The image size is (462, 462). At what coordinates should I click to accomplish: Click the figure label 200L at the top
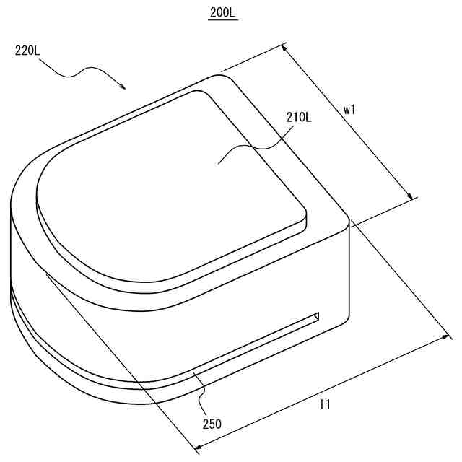pos(223,13)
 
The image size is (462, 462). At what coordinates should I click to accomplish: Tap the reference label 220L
pos(27,51)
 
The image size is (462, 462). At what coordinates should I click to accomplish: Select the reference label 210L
pos(299,118)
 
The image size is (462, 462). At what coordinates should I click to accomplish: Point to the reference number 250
pos(212,424)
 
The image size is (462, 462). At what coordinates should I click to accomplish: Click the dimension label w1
pos(349,110)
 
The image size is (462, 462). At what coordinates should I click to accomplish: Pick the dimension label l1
pos(326,404)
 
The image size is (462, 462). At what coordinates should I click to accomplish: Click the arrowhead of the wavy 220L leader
pos(123,87)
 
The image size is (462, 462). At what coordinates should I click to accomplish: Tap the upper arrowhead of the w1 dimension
pos(284,48)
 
